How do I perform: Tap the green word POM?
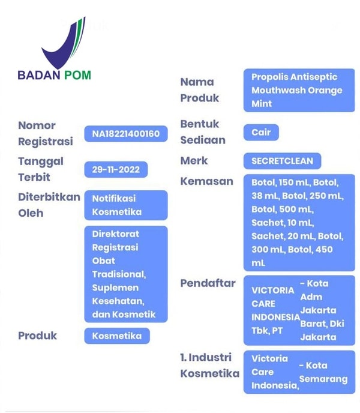pos(77,75)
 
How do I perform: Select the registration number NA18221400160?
pos(126,134)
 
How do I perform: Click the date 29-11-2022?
pos(116,169)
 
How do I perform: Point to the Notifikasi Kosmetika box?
pos(126,205)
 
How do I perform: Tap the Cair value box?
pos(261,132)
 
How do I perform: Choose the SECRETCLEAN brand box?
pos(282,161)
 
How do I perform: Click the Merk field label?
pos(194,161)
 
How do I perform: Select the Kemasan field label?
pos(207,181)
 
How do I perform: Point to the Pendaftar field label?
pos(208,283)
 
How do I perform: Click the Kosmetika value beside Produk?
pos(117,336)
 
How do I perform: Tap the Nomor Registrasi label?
pos(45,133)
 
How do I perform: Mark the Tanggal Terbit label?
pos(41,169)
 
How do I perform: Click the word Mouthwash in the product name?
pos(278,90)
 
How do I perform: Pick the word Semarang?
pos(323,379)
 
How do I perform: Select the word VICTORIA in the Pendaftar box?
pos(272,291)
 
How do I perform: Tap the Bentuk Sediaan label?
pos(203,132)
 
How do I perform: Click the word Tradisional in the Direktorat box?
pos(119,274)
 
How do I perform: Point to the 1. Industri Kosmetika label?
pos(210,366)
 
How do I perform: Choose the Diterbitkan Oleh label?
pos(49,205)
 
